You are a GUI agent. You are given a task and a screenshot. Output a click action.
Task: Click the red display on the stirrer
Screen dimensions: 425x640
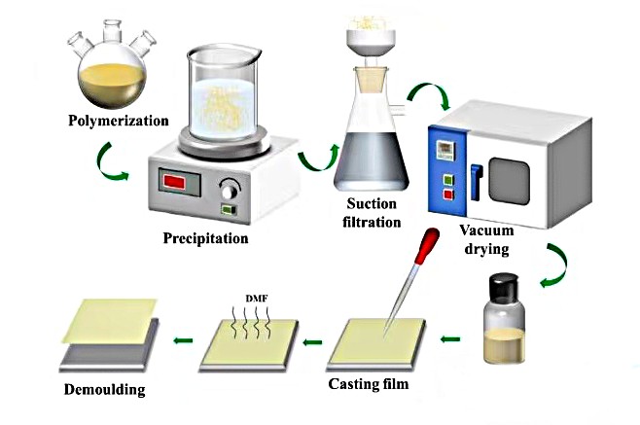(x=177, y=183)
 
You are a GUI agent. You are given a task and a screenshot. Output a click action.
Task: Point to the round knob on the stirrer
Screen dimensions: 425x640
(x=230, y=189)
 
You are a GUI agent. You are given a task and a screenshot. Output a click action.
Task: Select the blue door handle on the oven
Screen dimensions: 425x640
(x=476, y=179)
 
